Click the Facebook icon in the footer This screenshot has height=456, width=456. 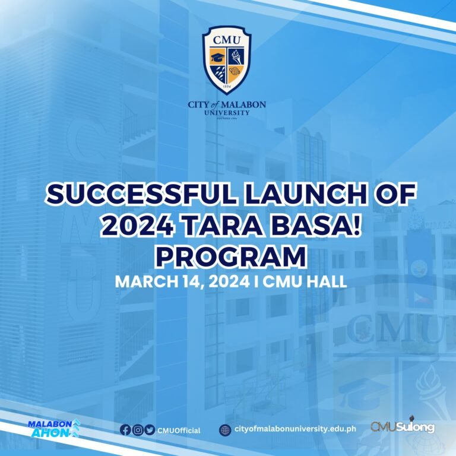coord(125,429)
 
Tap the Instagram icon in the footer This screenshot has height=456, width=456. coord(137,429)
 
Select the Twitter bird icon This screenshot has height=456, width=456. coord(149,429)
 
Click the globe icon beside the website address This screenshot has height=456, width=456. coord(225,429)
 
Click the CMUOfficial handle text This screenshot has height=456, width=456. coord(179,430)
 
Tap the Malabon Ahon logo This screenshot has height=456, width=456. coord(53,427)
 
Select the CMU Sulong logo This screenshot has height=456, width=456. coord(403,427)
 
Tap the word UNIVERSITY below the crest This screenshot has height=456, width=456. coord(227,112)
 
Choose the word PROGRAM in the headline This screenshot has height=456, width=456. coord(230,256)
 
